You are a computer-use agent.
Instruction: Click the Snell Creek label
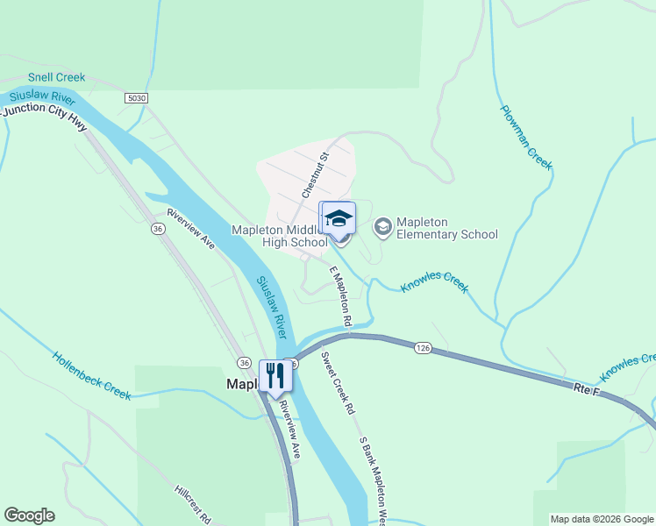pyautogui.click(x=56, y=77)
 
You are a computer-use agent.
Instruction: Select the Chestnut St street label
pyautogui.click(x=315, y=174)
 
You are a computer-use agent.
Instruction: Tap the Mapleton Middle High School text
pyautogui.click(x=279, y=236)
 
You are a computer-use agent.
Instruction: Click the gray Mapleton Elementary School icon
pyautogui.click(x=382, y=227)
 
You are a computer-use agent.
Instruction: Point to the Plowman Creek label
pyautogui.click(x=526, y=138)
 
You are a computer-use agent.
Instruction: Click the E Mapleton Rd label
pyautogui.click(x=340, y=298)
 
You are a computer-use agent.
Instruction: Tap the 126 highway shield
pyautogui.click(x=424, y=348)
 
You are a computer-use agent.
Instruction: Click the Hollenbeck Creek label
pyautogui.click(x=91, y=376)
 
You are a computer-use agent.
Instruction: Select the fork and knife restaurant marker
pyautogui.click(x=275, y=375)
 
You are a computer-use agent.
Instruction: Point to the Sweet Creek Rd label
pyautogui.click(x=337, y=383)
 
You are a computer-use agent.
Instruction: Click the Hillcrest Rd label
pyautogui.click(x=192, y=504)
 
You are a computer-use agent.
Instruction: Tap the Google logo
pyautogui.click(x=29, y=515)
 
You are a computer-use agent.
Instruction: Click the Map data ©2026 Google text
pyautogui.click(x=602, y=519)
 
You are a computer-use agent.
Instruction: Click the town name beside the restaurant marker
pyautogui.click(x=242, y=384)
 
